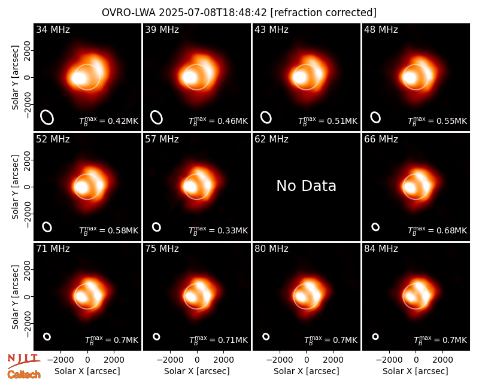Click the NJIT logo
point(23,361)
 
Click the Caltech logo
point(24,375)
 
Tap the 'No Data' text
point(306,186)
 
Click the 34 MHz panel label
point(53,29)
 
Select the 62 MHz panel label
point(271,139)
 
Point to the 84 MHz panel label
point(381,249)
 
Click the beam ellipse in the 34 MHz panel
point(47,117)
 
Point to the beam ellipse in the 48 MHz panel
point(375,117)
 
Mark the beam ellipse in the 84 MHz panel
point(375,336)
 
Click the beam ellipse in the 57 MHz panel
point(156,227)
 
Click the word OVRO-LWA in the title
point(129,13)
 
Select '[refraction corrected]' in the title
point(323,13)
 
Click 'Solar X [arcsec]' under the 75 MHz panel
point(197,371)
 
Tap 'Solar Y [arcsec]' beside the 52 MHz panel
point(15,187)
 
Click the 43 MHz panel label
point(271,29)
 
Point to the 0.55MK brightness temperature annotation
point(438,121)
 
